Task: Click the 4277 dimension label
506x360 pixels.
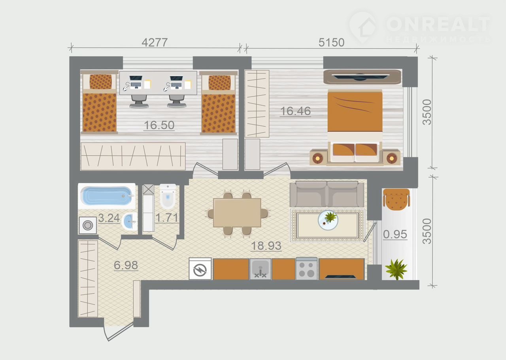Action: point(155,42)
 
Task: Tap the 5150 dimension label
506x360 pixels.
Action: point(331,42)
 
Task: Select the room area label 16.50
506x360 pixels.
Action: point(159,125)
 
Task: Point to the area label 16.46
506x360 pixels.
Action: point(295,111)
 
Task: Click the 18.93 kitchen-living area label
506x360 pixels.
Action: point(266,246)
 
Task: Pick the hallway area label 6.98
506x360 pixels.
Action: point(126,265)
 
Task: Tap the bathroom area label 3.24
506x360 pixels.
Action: point(109,218)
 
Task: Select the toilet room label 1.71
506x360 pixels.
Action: point(167,218)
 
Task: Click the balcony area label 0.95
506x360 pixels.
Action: point(395,234)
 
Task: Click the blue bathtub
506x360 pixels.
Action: point(107,196)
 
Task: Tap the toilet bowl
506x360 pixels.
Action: point(168,196)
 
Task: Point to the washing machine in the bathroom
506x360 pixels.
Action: point(88,225)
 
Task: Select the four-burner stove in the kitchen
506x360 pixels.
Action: point(306,269)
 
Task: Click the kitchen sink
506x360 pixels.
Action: point(260,269)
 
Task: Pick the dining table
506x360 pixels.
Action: point(237,212)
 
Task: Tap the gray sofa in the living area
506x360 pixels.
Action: point(327,194)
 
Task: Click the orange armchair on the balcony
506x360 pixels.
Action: point(396,199)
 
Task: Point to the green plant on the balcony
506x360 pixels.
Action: point(396,269)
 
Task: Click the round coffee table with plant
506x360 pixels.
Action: point(328,220)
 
